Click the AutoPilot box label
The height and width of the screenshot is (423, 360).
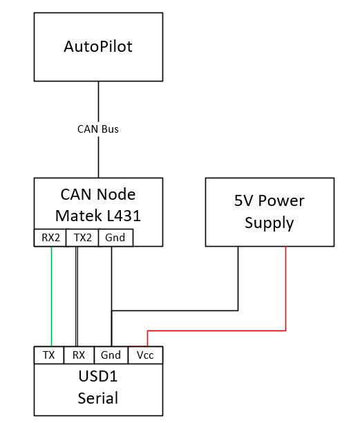coord(98,46)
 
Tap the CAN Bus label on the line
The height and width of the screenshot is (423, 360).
coord(98,129)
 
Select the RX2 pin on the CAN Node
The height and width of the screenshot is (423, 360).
coord(50,238)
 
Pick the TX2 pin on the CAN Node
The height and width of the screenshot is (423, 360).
coord(82,238)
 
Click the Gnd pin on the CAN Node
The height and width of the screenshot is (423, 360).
coord(115,238)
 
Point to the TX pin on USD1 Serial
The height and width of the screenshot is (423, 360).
coord(49,355)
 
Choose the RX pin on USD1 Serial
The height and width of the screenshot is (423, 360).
coord(79,355)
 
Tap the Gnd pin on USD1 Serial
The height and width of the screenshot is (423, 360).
coord(111,355)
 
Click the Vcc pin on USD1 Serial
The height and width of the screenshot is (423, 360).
coord(145,355)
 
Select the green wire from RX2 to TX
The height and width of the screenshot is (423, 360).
coord(51,297)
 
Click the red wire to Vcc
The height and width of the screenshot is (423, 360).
coord(216,330)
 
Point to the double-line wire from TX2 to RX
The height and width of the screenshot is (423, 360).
coord(77,297)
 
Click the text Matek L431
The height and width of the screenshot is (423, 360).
coord(98,216)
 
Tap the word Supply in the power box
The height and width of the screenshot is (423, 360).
coord(269,223)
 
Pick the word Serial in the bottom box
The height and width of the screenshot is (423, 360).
coord(98,398)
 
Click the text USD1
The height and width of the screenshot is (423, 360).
coord(98,376)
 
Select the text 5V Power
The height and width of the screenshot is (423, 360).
coord(269,200)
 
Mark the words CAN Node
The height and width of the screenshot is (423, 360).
coord(98,194)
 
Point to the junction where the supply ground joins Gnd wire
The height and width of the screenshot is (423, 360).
coord(112,310)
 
